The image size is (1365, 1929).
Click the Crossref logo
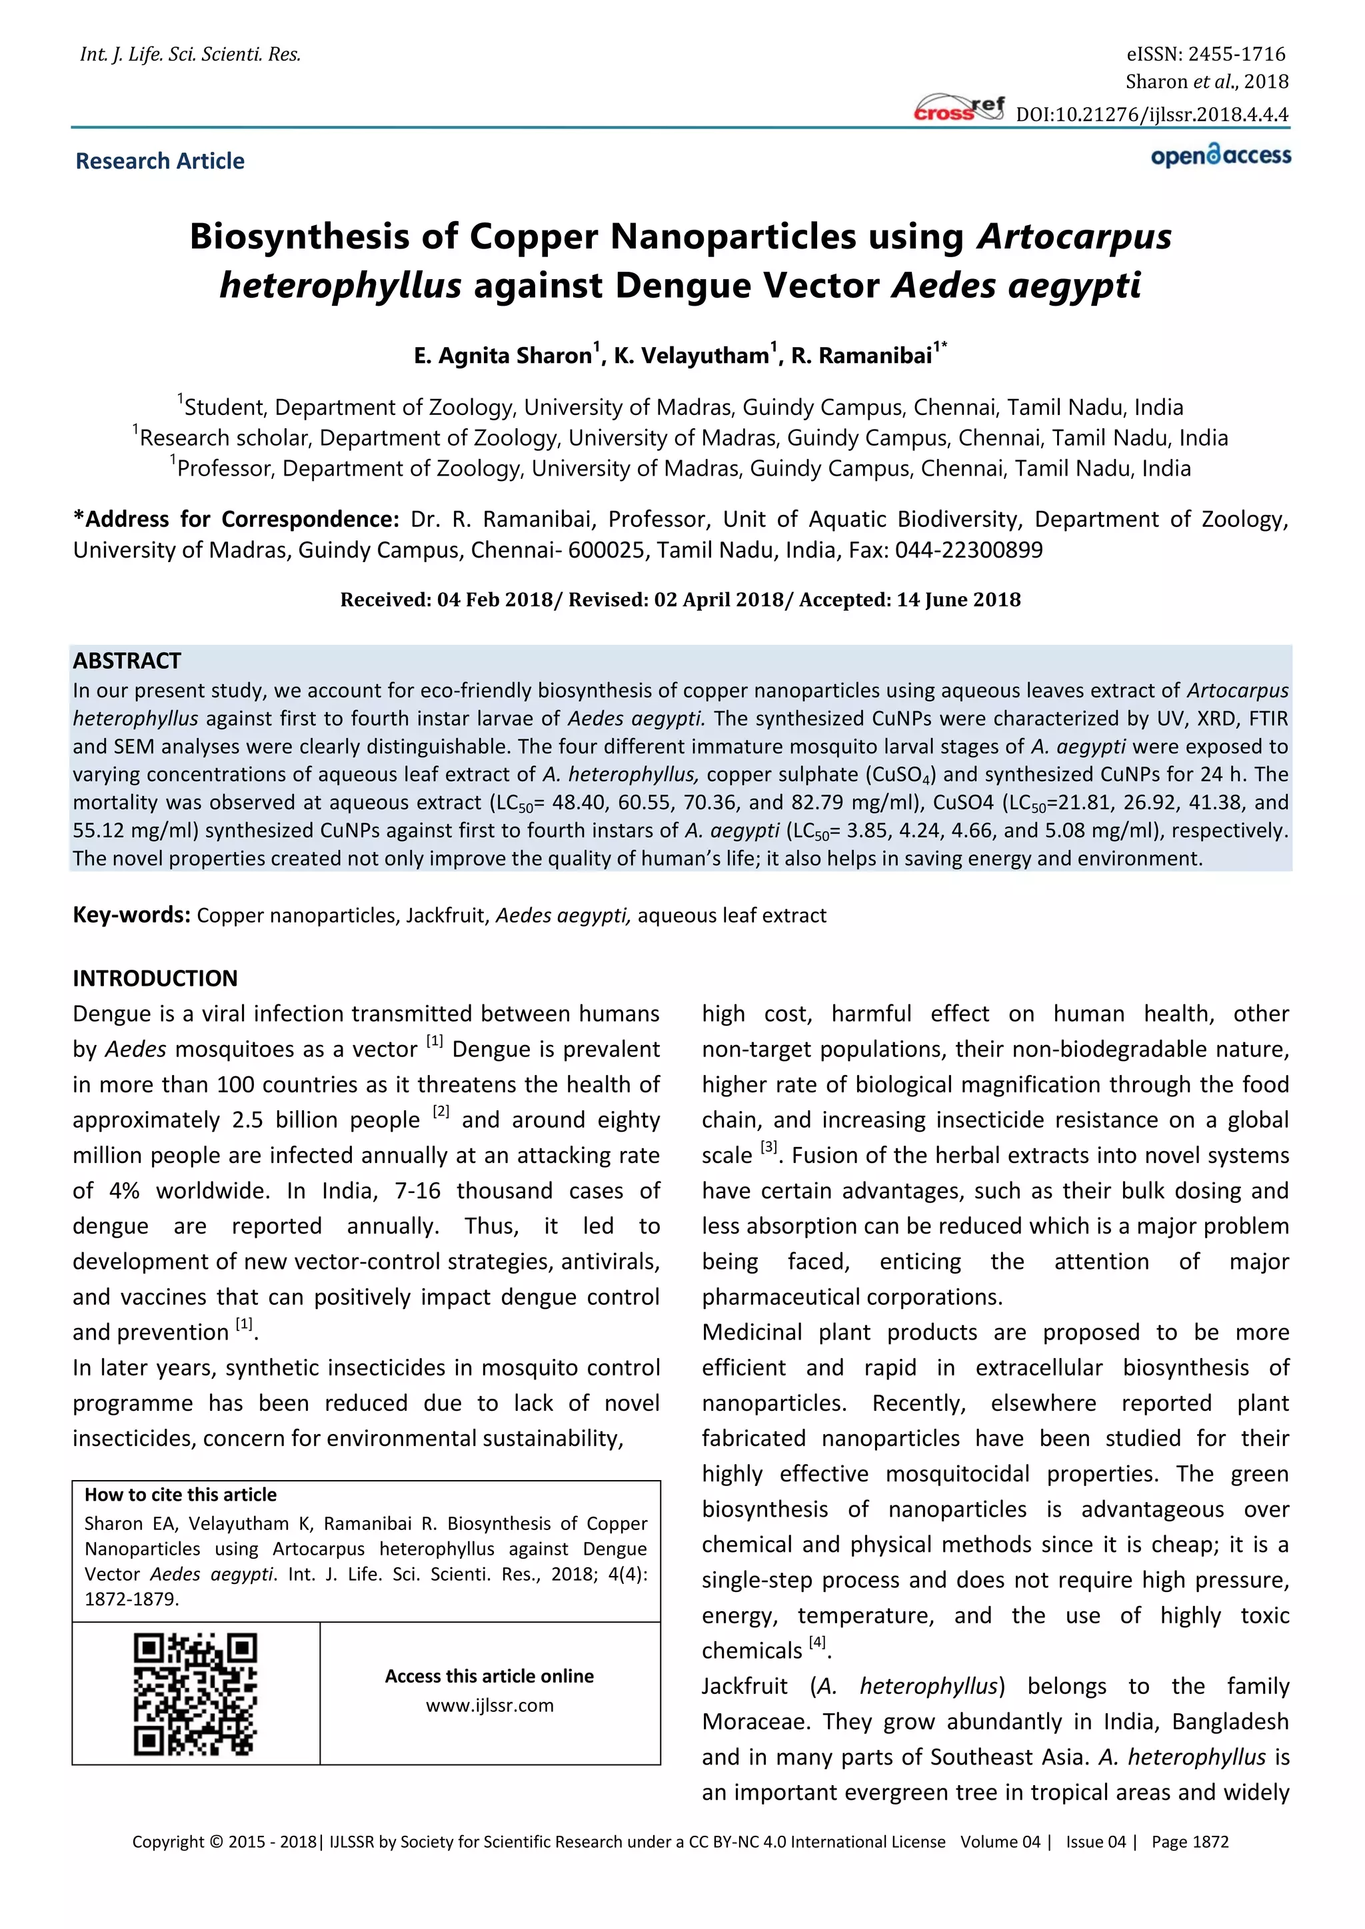click(958, 109)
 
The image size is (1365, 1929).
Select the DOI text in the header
click(1152, 115)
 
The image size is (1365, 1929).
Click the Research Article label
click(160, 161)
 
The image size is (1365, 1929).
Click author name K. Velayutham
click(691, 356)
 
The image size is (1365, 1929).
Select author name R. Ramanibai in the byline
click(862, 356)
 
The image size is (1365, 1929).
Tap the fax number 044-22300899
click(968, 550)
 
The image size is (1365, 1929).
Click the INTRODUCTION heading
click(155, 978)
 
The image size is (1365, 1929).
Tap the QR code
click(195, 1695)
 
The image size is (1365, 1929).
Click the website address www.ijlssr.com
click(489, 1705)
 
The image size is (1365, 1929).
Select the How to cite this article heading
click(180, 1495)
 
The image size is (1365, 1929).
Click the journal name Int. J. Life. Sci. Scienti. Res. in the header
click(190, 55)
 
